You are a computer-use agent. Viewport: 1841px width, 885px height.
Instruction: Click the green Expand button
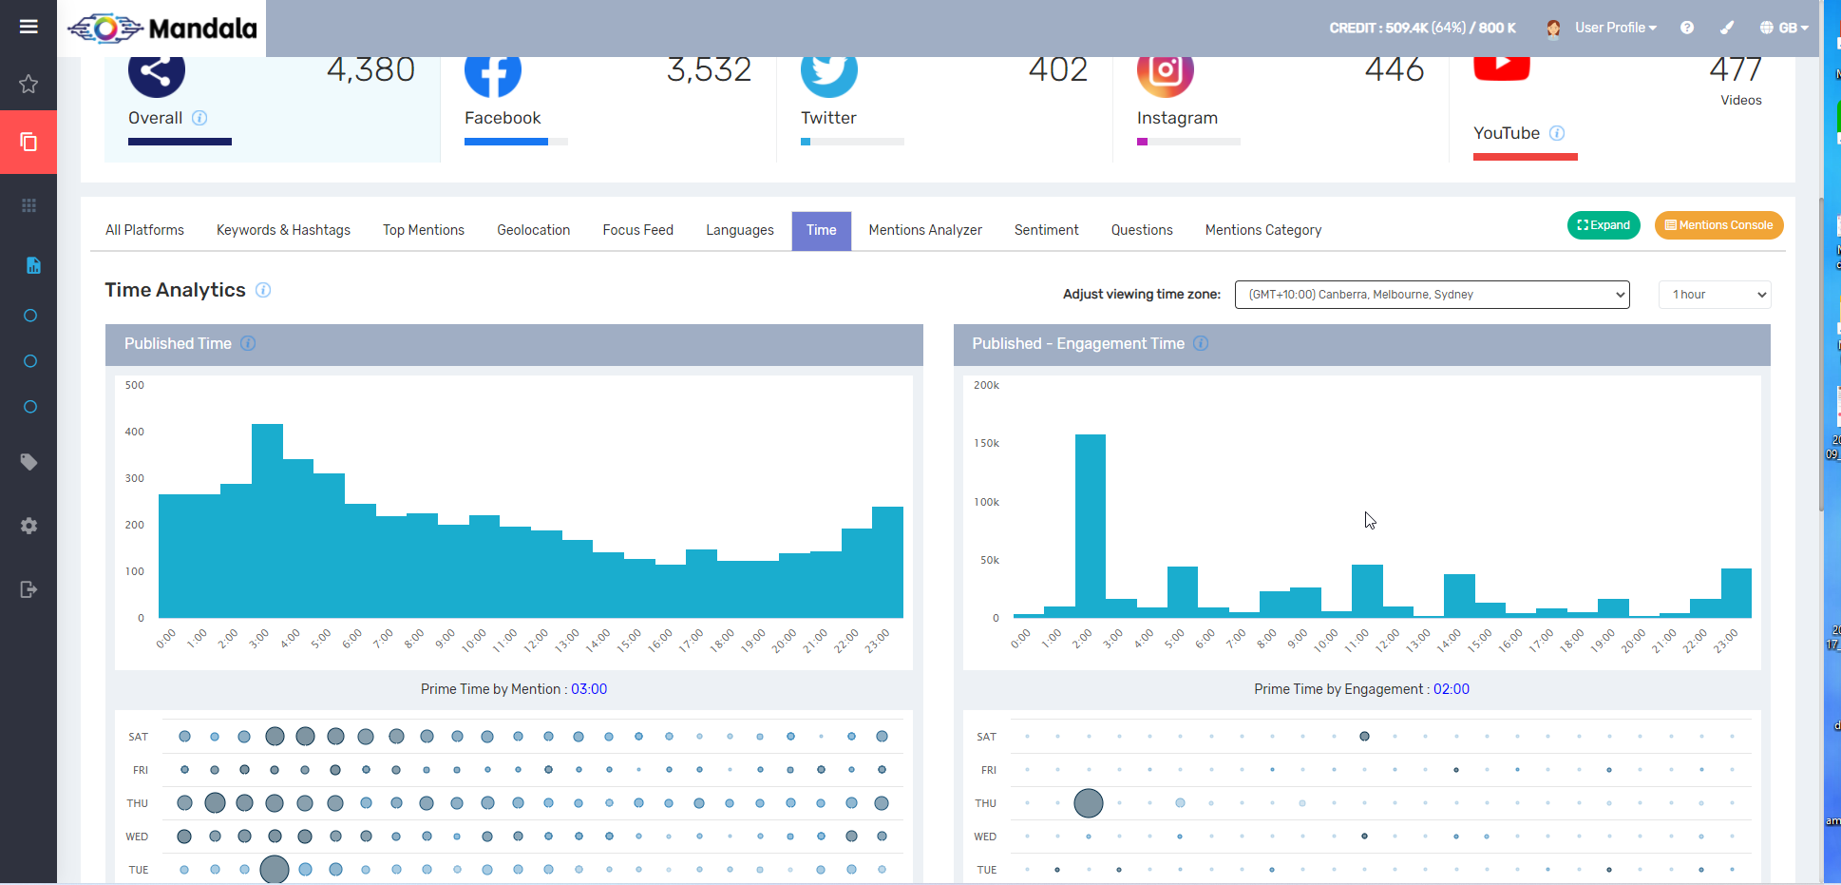(1603, 225)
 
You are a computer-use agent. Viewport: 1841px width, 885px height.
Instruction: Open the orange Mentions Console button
(1718, 225)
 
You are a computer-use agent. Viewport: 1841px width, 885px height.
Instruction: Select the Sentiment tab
(1046, 230)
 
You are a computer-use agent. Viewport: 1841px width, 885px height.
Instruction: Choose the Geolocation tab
(533, 230)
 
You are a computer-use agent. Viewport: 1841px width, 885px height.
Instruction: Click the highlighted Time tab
(821, 230)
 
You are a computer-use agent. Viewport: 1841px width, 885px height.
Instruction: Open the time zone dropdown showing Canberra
(1431, 295)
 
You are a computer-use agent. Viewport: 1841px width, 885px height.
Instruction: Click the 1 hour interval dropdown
(1714, 295)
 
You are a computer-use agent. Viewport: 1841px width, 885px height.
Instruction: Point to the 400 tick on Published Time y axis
(135, 432)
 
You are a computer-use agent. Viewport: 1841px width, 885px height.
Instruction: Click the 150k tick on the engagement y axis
(986, 443)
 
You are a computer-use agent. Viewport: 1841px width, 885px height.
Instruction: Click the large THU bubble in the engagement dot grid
(1088, 803)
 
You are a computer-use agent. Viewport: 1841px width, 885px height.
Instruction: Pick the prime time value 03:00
(589, 689)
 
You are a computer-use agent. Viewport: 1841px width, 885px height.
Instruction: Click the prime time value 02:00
(1451, 689)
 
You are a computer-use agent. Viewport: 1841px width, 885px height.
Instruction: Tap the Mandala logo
(162, 29)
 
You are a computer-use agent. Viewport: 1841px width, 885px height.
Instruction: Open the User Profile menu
(1614, 28)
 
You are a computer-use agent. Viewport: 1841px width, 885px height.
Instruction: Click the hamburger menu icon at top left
(28, 27)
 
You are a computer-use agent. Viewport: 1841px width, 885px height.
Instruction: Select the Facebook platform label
(503, 118)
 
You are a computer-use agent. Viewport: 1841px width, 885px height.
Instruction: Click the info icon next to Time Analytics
(263, 290)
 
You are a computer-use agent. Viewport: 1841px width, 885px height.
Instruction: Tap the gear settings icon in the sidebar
(28, 526)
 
